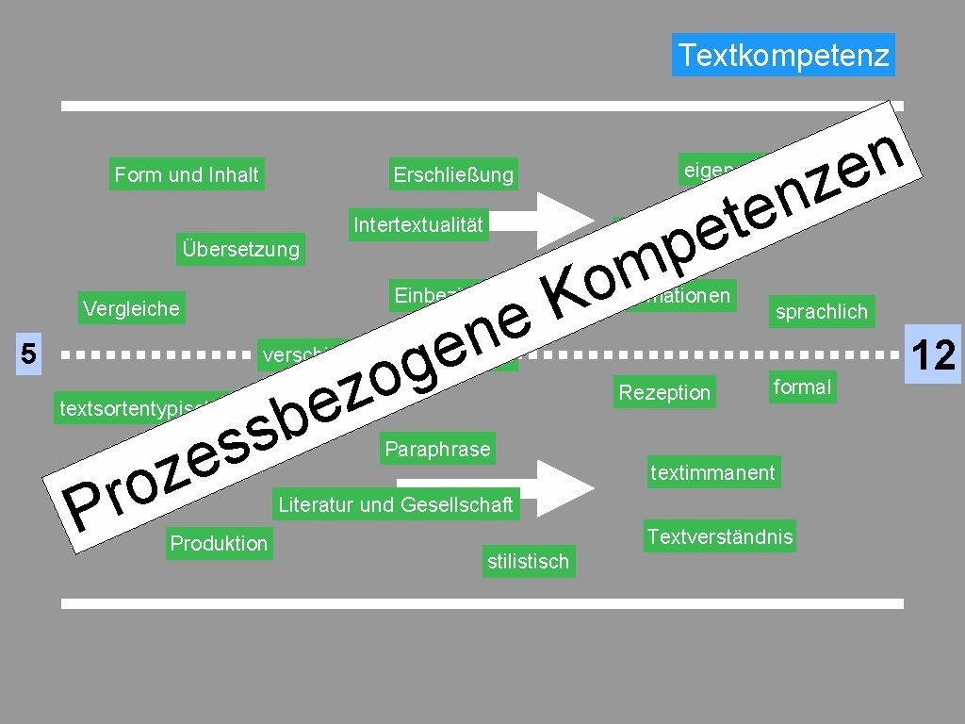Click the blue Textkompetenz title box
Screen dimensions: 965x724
coord(783,56)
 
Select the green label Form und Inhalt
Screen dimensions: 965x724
coord(186,174)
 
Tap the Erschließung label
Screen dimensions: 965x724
coord(453,174)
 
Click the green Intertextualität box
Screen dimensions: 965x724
coord(417,224)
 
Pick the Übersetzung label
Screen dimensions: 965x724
coord(240,249)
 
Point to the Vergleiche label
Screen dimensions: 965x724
coord(131,308)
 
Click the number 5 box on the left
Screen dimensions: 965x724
coord(29,355)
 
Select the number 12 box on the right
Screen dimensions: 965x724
coord(933,355)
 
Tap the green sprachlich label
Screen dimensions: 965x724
coord(821,312)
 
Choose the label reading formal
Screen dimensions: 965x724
coord(801,387)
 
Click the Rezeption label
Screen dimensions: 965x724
coord(663,392)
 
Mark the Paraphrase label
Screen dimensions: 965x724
coord(437,449)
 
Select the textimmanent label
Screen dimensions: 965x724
coord(712,471)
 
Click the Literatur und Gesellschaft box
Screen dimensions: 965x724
coord(395,504)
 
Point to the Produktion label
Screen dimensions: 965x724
coord(219,543)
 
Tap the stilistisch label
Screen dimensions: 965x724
coord(528,562)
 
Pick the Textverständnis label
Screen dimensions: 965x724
coord(719,537)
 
